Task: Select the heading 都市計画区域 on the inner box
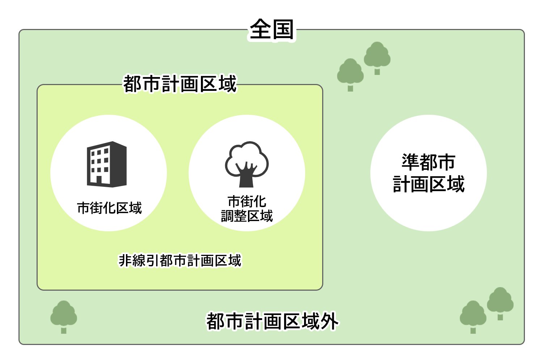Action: tap(180, 84)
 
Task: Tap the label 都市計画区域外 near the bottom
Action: tap(272, 321)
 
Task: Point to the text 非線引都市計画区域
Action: tap(180, 260)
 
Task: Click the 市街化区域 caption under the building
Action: tap(109, 208)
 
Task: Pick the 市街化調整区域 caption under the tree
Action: tap(247, 209)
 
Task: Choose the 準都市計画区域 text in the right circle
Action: tap(429, 173)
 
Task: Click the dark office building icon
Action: tap(107, 164)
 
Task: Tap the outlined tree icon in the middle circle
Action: tap(247, 164)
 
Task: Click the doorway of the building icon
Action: tap(99, 180)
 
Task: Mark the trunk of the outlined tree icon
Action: tap(246, 178)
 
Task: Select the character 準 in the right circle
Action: tap(411, 162)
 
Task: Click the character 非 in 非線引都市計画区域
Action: tap(125, 260)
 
